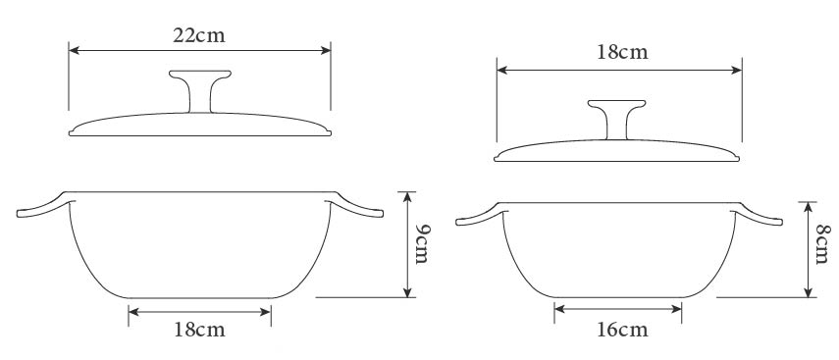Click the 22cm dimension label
[x=199, y=35]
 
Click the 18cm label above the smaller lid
[x=622, y=52]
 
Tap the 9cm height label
[x=423, y=243]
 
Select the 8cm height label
[x=822, y=243]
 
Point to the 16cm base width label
[x=622, y=330]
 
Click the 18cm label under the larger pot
[x=199, y=330]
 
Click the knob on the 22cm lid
[x=200, y=90]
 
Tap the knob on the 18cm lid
[x=616, y=119]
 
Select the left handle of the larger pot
[x=44, y=208]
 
